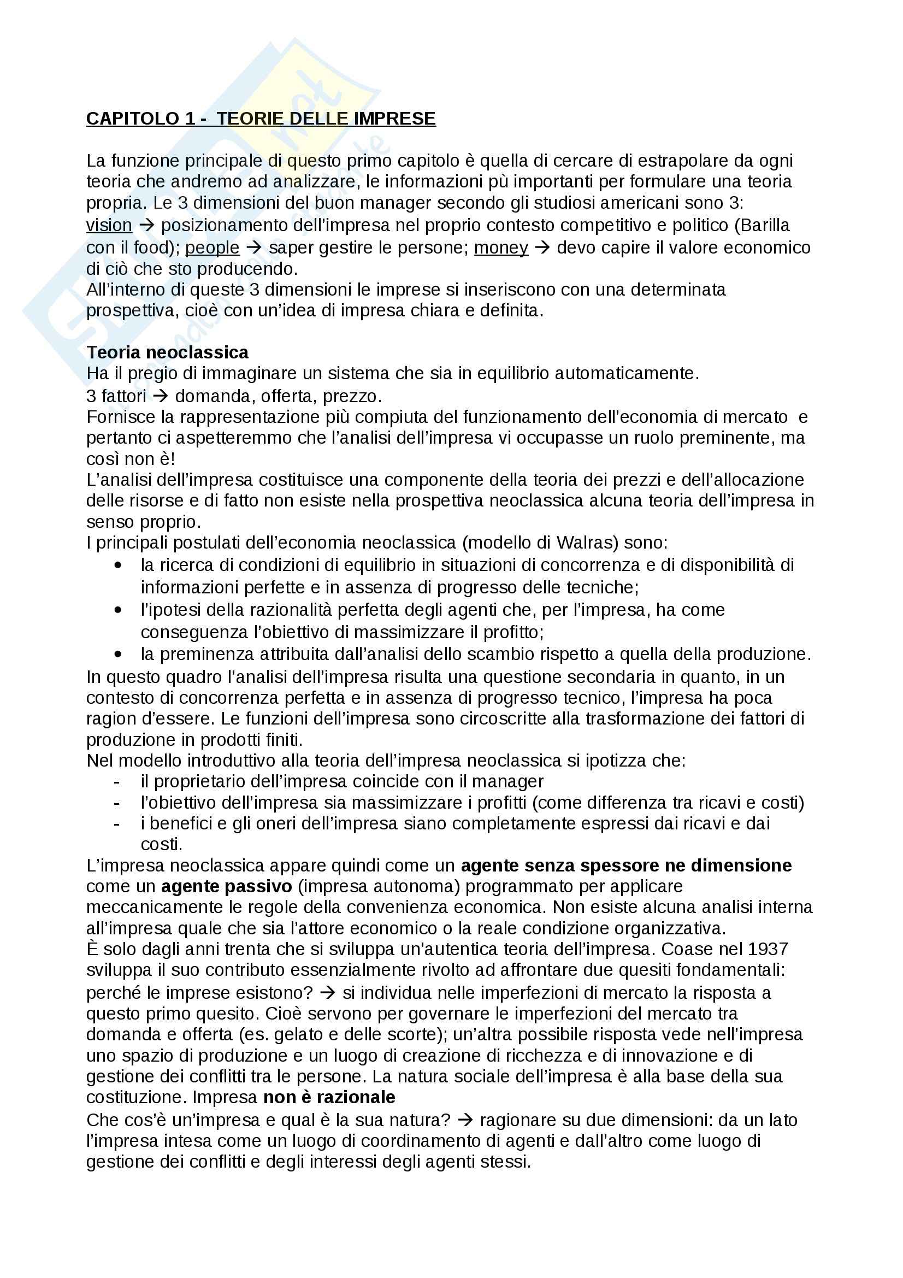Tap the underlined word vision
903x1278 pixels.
click(109, 226)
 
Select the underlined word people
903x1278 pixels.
click(212, 248)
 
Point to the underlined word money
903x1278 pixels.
click(501, 248)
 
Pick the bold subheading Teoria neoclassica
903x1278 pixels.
click(168, 352)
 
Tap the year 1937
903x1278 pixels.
click(768, 949)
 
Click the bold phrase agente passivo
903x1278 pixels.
click(227, 886)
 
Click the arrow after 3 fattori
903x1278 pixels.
click(160, 396)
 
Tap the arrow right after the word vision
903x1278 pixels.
click(146, 226)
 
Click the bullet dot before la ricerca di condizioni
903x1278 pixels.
click(117, 565)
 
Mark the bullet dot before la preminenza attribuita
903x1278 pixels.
click(117, 654)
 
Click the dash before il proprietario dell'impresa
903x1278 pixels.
click(116, 781)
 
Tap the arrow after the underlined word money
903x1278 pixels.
click(542, 248)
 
